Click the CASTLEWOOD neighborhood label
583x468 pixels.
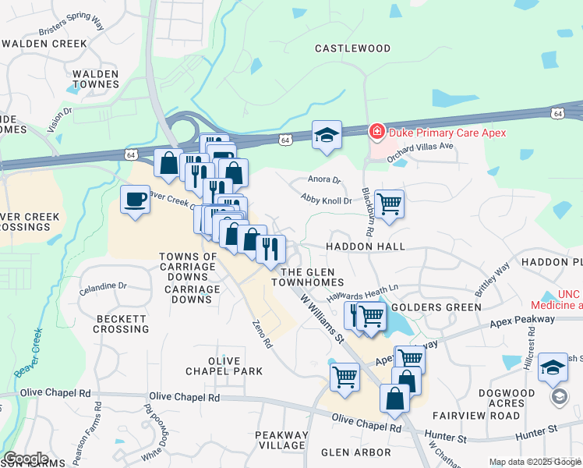coord(352,48)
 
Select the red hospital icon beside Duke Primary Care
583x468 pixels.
coord(376,132)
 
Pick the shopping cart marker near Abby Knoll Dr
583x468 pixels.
coord(389,204)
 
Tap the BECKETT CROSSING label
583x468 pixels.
coord(122,324)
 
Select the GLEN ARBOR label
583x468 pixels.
coord(356,452)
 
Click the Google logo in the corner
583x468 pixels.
coord(25,459)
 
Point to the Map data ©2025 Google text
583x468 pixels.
coord(534,462)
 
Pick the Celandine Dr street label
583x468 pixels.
coord(103,287)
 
